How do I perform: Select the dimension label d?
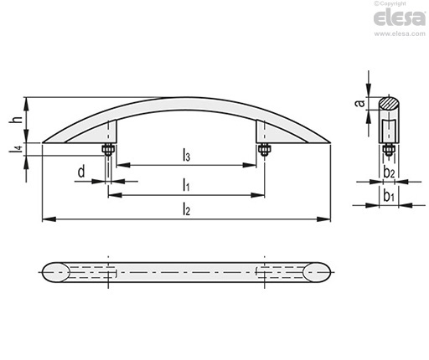[x=81, y=172]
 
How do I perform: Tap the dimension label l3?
[x=186, y=155]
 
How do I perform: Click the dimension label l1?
[x=186, y=185]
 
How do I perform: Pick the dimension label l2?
[x=186, y=209]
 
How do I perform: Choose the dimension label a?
[x=360, y=103]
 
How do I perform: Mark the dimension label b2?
[x=389, y=172]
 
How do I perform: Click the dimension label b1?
[x=389, y=196]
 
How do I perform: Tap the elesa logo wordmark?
[x=400, y=18]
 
